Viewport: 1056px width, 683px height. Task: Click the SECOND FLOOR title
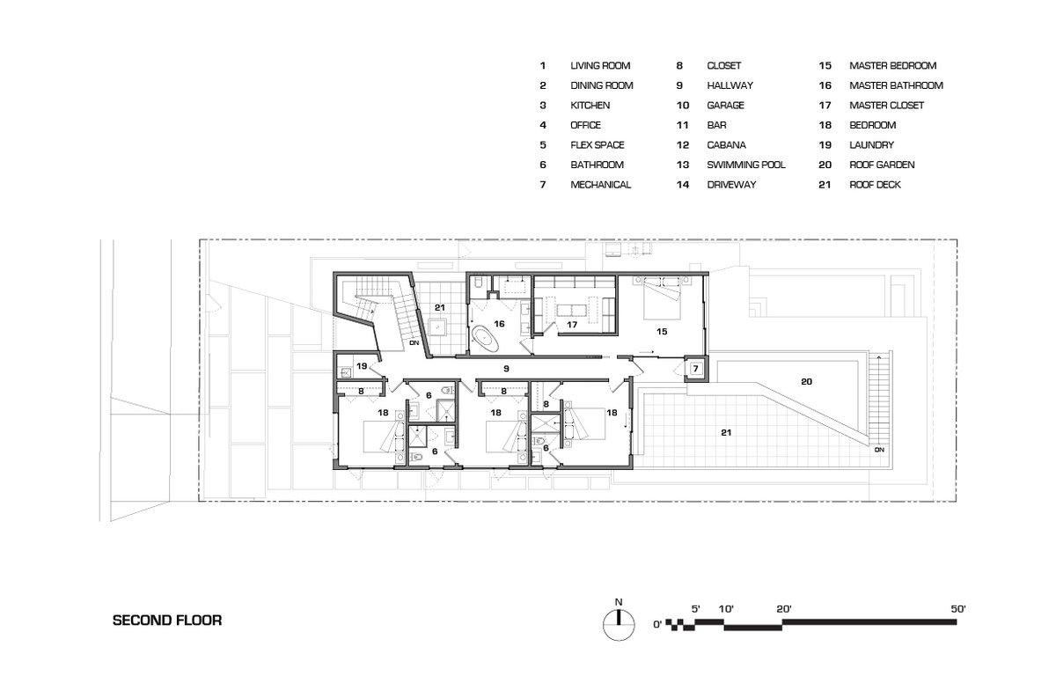tap(167, 620)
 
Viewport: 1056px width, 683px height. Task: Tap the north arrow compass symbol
tap(619, 625)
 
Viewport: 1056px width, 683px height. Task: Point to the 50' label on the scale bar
tap(958, 608)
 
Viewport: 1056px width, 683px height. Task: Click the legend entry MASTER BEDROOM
tap(892, 65)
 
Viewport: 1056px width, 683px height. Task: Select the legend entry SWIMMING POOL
tap(746, 165)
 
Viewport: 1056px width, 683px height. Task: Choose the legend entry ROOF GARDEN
tap(882, 165)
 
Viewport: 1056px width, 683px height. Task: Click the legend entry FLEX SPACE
tap(597, 144)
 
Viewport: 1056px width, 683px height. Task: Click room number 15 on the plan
tap(662, 331)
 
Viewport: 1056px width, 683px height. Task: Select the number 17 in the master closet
tap(572, 324)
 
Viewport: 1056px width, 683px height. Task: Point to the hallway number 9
tap(506, 368)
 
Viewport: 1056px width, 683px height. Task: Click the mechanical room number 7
tap(695, 368)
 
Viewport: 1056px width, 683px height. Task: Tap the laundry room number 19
tap(362, 366)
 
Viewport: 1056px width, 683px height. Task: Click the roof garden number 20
tap(806, 381)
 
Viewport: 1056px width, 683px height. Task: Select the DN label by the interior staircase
tap(414, 342)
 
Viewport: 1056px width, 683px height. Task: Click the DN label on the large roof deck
tap(879, 450)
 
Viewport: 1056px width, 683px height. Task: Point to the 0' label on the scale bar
tap(657, 625)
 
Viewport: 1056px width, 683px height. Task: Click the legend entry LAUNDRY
tap(871, 144)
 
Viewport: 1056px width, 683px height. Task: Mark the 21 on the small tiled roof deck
tap(439, 307)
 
